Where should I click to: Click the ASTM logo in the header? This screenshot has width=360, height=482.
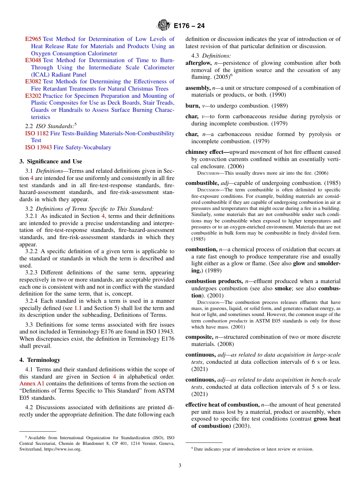[x=164, y=25]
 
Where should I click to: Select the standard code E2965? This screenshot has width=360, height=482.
[x=33, y=39]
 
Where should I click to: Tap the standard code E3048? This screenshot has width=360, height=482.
[x=33, y=60]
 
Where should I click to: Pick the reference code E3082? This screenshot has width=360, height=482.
[x=33, y=81]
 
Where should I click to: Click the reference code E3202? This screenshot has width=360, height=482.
[x=33, y=96]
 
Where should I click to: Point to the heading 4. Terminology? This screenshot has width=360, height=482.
[x=40, y=360]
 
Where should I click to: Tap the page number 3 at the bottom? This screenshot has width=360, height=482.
[x=180, y=465]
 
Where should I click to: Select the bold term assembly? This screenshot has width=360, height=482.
[x=197, y=88]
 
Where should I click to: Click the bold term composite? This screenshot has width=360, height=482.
[x=199, y=337]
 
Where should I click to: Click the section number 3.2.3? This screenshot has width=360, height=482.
[x=32, y=272]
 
